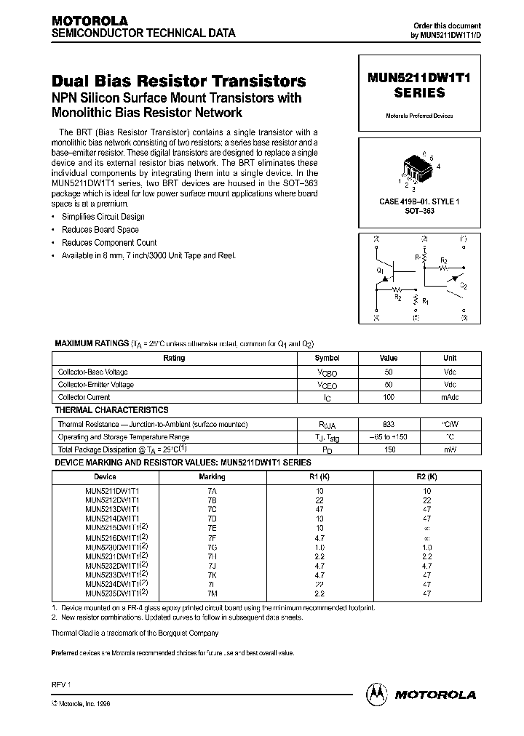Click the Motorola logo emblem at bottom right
(x=378, y=694)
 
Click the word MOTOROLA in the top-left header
(x=90, y=21)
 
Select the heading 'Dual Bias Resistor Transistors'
(x=178, y=82)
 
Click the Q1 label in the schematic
(x=380, y=269)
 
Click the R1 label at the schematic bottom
(x=426, y=300)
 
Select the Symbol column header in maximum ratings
(x=327, y=358)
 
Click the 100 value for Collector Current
(x=389, y=397)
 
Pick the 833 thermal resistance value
(x=389, y=424)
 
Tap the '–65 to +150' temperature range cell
(x=389, y=437)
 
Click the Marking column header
(x=212, y=477)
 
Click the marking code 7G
(x=212, y=546)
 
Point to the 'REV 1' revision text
(x=61, y=685)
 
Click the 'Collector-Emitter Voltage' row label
(x=96, y=385)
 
